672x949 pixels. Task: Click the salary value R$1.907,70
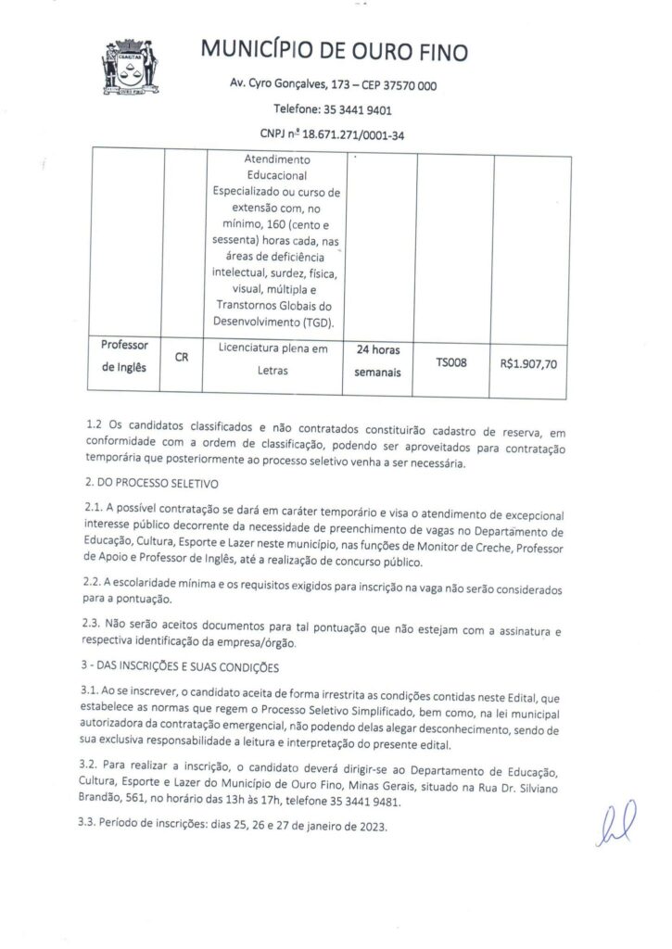tap(529, 364)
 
